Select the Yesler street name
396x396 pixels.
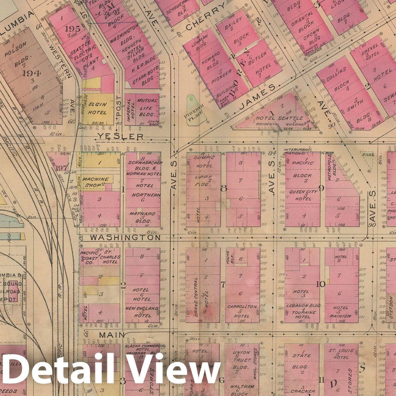point(120,136)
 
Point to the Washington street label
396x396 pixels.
point(125,238)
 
